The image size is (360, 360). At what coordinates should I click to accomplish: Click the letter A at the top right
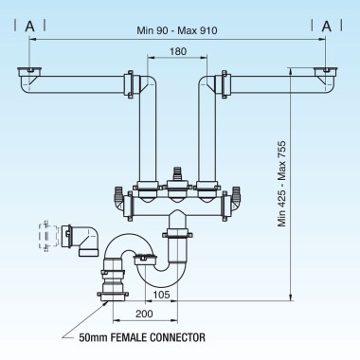(x=327, y=26)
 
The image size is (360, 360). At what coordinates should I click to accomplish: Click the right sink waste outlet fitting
(x=327, y=74)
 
